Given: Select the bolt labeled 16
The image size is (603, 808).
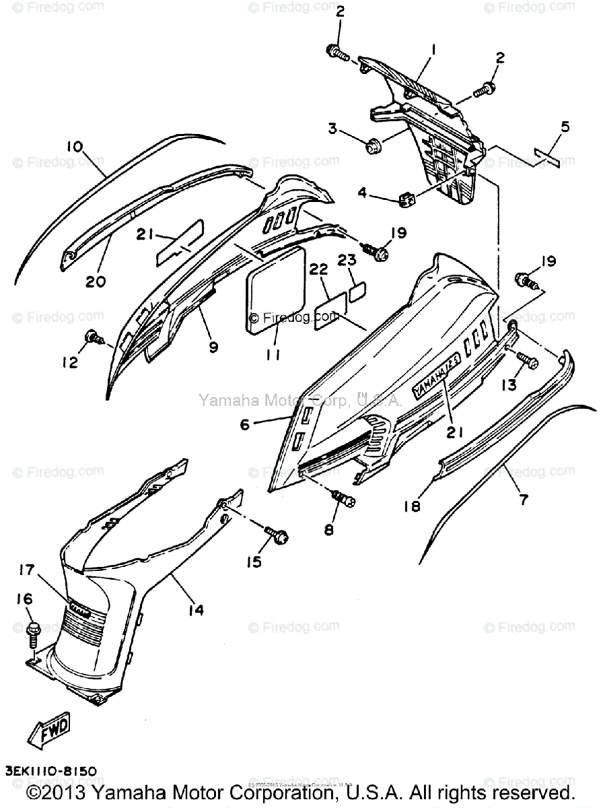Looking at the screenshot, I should (32, 632).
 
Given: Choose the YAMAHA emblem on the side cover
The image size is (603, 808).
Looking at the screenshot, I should (435, 371).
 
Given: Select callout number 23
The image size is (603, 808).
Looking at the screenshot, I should (347, 260).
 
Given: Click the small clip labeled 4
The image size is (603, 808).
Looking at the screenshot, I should (405, 198).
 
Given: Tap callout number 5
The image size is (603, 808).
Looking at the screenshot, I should (565, 126).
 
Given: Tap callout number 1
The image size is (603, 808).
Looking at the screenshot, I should (434, 48).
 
